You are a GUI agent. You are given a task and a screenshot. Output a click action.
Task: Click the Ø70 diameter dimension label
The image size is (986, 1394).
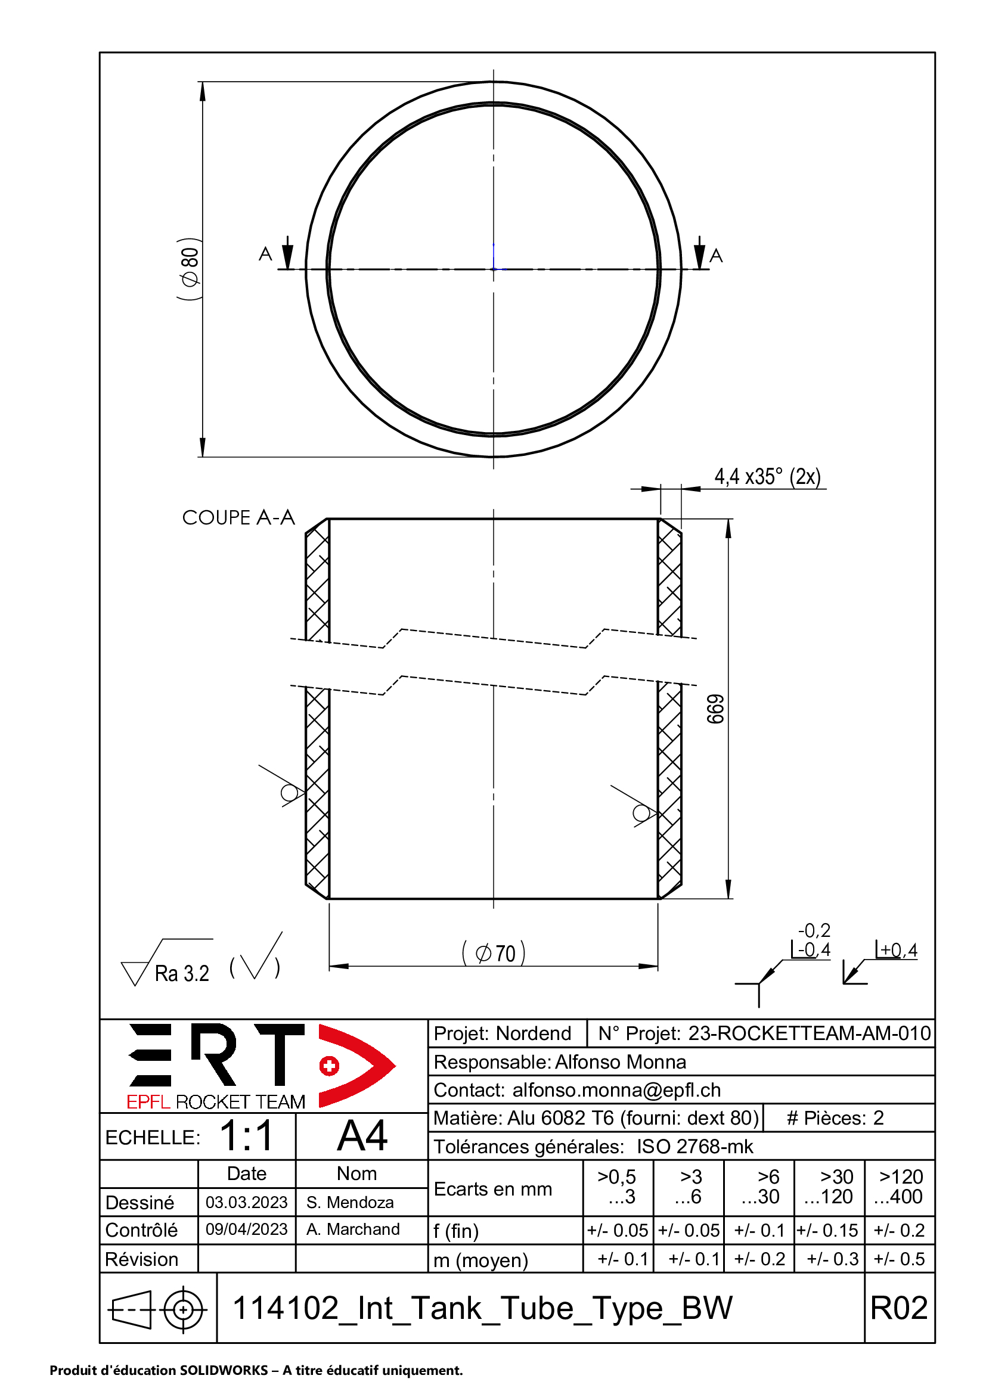(x=494, y=952)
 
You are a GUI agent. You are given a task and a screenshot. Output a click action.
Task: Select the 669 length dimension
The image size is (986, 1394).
(x=715, y=709)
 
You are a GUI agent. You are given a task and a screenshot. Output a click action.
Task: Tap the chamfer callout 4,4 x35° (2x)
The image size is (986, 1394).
(x=767, y=477)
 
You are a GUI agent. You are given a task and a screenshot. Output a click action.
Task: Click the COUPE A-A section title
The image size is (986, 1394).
(x=238, y=517)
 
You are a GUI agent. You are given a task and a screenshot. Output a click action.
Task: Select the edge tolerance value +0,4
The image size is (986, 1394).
(x=898, y=950)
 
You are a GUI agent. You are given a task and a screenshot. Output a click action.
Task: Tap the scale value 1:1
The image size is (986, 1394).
(x=247, y=1135)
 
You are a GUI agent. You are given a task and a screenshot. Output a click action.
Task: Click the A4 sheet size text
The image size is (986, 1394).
(x=362, y=1135)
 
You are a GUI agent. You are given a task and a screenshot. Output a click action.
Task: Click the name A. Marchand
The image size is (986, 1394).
(x=353, y=1230)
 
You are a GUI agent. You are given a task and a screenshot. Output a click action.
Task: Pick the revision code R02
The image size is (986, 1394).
(x=898, y=1308)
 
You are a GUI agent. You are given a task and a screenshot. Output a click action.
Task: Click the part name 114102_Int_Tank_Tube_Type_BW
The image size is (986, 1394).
(x=483, y=1308)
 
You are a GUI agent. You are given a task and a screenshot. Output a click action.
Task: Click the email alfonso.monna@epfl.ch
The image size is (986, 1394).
(x=616, y=1090)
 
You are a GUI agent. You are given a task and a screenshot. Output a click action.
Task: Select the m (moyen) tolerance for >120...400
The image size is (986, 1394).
(x=898, y=1259)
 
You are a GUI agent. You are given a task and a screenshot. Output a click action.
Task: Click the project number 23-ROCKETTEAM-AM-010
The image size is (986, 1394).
(x=809, y=1033)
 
